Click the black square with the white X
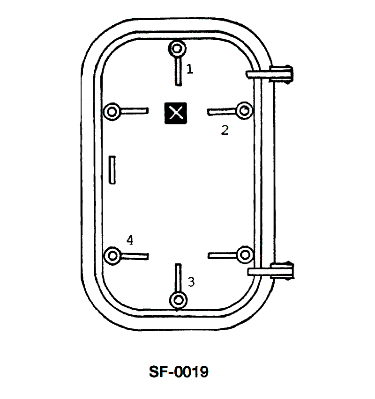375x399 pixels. click(176, 113)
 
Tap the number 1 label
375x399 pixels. click(190, 69)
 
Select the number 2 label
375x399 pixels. click(225, 130)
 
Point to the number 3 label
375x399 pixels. click(191, 282)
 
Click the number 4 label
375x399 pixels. click(130, 240)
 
